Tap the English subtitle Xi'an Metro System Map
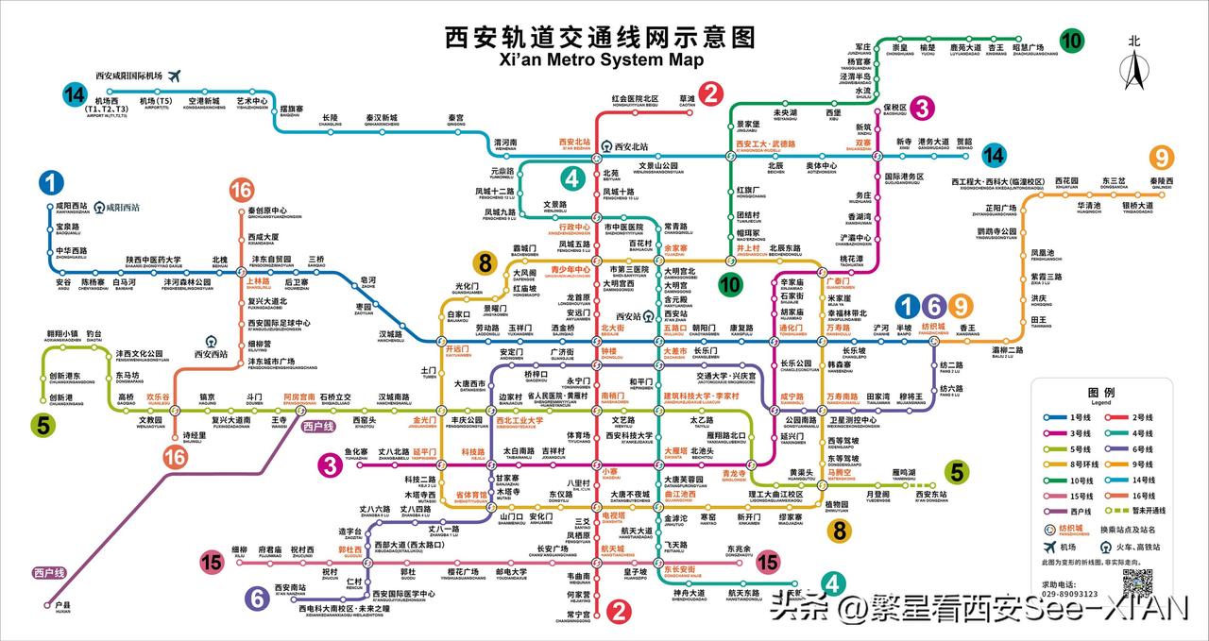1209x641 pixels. point(601,59)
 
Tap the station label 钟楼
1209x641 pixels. point(608,351)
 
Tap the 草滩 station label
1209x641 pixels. point(686,98)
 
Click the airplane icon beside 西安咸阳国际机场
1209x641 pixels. point(174,76)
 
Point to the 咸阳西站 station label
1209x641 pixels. point(72,206)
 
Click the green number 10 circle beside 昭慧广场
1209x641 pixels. point(1071,41)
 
